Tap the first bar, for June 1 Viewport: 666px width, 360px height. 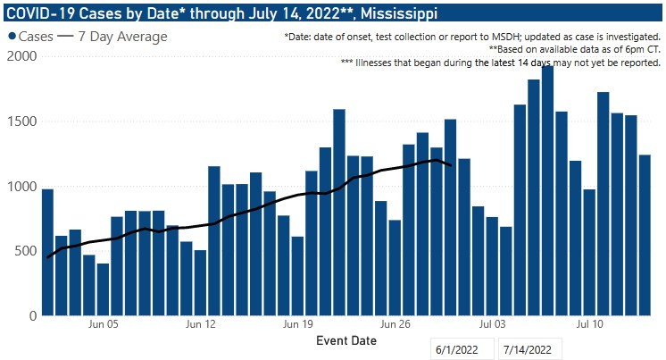47,252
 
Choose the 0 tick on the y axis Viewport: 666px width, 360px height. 30,315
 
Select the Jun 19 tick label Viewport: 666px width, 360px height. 297,326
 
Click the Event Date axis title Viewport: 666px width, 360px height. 346,341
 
